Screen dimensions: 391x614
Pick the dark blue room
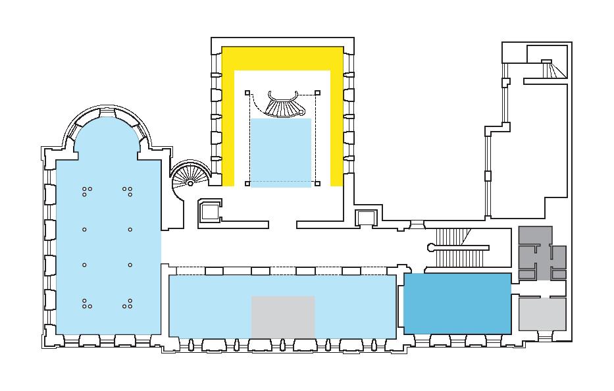tap(457, 303)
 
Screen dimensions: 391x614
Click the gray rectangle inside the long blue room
tap(283, 317)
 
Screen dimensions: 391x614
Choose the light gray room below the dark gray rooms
tap(542, 314)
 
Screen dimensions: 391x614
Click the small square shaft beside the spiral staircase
tap(210, 211)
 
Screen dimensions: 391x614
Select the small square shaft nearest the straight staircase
tap(364, 217)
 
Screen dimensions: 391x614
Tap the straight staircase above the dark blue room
tap(461, 248)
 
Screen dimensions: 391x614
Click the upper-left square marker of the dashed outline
tap(247, 93)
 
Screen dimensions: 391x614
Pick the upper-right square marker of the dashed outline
tap(317, 93)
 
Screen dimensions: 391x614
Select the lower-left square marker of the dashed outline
tap(247, 184)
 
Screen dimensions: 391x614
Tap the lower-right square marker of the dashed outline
tap(317, 184)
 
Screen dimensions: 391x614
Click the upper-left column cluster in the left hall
tap(87, 191)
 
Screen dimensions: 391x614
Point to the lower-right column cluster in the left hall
tap(128, 303)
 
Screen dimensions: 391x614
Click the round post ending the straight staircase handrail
tap(431, 248)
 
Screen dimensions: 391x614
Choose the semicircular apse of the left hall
tap(108, 135)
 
